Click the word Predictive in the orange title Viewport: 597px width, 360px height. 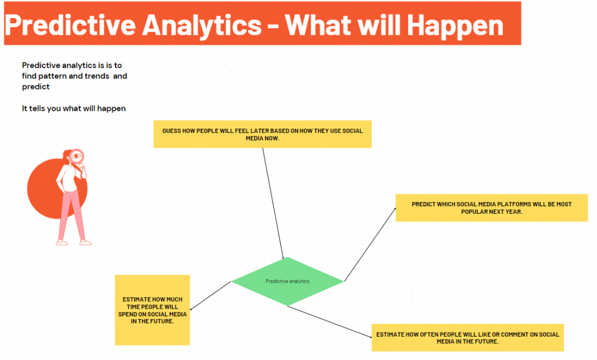pos(71,25)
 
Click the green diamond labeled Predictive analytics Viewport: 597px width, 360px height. pos(287,281)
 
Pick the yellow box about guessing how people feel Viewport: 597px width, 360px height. pos(262,135)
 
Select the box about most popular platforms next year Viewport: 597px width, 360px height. pos(491,208)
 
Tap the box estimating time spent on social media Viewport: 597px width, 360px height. pos(152,310)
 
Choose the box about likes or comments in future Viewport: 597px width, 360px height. pos(468,337)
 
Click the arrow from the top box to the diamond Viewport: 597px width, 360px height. pos(273,204)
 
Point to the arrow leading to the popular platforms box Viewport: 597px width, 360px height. pos(370,244)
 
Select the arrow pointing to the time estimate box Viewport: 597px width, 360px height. pos(210,296)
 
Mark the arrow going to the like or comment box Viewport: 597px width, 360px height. pos(330,322)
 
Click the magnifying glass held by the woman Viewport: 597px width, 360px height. pos(77,157)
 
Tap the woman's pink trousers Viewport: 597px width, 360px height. pos(72,215)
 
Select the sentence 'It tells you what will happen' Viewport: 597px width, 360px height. pos(74,108)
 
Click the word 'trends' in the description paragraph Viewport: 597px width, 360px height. pos(97,76)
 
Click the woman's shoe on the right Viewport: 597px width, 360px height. pos(86,242)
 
